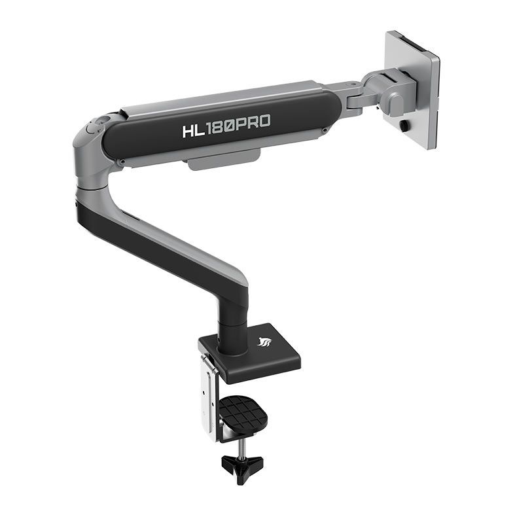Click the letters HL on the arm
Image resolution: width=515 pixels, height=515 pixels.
point(193,128)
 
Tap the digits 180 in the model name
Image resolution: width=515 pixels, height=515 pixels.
point(221,125)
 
